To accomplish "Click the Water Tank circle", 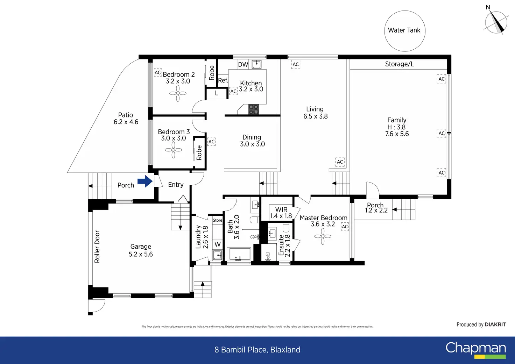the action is click(x=404, y=31).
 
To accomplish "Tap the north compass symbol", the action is click(x=496, y=22).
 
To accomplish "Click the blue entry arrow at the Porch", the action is click(x=145, y=181).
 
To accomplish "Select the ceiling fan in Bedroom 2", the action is click(x=178, y=93).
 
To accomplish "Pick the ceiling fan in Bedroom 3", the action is click(x=173, y=150).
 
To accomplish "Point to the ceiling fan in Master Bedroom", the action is click(x=323, y=236).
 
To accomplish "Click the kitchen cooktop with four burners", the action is click(x=254, y=109).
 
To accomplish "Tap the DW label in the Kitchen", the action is click(x=243, y=64).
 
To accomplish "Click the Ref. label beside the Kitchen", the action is click(x=223, y=80).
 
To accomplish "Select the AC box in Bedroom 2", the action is click(x=158, y=73).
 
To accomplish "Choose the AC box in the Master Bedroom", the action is click(x=345, y=227).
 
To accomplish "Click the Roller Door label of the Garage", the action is click(x=97, y=247).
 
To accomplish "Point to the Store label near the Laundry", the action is click(x=218, y=220).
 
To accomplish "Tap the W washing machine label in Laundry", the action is click(x=218, y=244).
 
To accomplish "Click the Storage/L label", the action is click(x=399, y=64).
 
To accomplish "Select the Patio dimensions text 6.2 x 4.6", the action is click(x=126, y=122).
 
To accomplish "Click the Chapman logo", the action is click(x=476, y=349).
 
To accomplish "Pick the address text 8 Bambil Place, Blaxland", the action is click(x=257, y=350).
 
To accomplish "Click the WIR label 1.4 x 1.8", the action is click(x=281, y=213).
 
